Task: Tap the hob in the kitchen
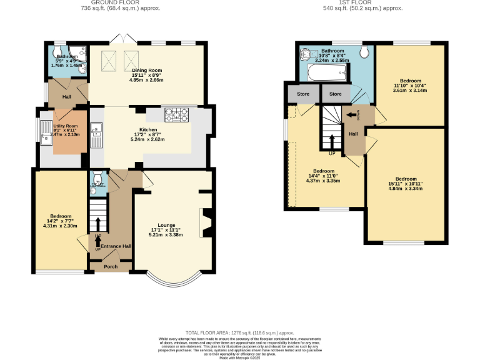(x=176, y=115)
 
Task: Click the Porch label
(x=111, y=267)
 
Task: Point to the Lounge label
(x=166, y=225)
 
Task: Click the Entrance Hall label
(x=116, y=246)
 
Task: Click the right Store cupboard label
(x=336, y=94)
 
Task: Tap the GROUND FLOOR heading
(x=121, y=3)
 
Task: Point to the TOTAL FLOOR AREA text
(x=239, y=332)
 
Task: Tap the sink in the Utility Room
(x=46, y=132)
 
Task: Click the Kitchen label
(x=148, y=131)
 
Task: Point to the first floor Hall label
(x=353, y=134)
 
